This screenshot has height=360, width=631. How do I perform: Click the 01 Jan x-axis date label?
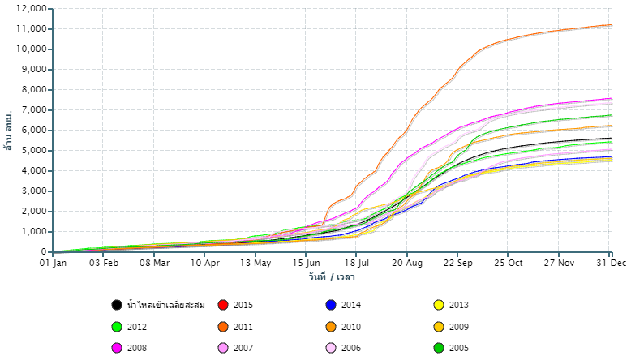pos(53,263)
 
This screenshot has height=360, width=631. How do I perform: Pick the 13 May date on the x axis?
pos(255,263)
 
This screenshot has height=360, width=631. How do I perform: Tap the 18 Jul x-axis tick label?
pos(357,263)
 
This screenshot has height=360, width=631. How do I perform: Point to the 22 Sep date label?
pos(458,263)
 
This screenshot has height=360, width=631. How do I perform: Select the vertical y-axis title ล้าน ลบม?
pos(9,129)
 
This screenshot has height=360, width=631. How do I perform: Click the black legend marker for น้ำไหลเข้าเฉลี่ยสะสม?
pos(117,305)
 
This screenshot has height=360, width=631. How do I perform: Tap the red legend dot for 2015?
pos(222,305)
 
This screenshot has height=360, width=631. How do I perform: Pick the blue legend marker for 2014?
pos(331,305)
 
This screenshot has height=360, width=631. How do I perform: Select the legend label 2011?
pos(243,327)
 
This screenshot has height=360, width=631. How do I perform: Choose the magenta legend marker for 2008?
pos(117,349)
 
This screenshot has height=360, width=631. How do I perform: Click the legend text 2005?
pos(459,349)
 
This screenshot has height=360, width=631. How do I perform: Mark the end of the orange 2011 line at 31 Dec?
pos(611,25)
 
